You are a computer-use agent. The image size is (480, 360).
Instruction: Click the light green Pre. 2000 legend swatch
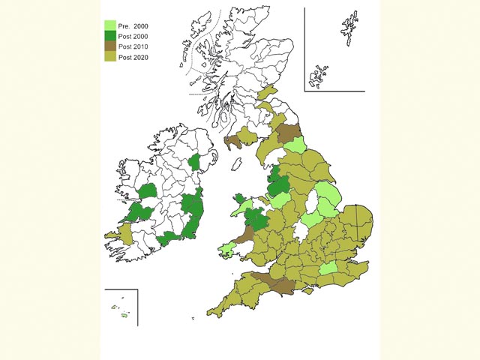[109, 26]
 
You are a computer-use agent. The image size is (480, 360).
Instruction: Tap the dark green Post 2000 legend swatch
[109, 36]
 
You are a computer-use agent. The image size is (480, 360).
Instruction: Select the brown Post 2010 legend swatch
[109, 46]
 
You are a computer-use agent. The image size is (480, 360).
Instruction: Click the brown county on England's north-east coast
[287, 133]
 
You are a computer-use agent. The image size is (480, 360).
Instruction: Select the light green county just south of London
[328, 269]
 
